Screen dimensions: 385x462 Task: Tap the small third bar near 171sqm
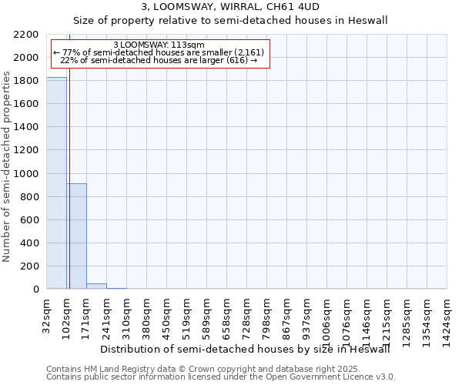tap(96, 286)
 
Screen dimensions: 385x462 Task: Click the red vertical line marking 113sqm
tap(69, 162)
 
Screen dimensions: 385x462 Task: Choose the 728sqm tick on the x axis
tap(247, 315)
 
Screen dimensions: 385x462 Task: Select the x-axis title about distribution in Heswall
tap(246, 349)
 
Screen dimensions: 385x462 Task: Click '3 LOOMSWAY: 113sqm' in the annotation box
tap(159, 45)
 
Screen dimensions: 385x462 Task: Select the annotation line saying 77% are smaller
tap(159, 52)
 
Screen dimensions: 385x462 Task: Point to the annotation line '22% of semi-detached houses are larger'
tap(159, 60)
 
